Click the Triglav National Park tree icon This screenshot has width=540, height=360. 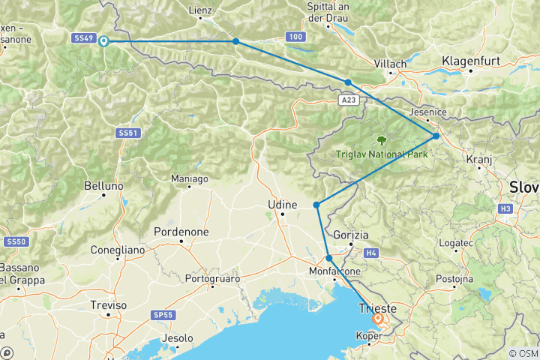(x=382, y=139)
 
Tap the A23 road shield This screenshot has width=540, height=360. (x=347, y=98)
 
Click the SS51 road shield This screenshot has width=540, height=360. (x=127, y=133)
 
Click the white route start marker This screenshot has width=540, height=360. (x=103, y=41)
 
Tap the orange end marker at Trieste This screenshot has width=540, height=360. (x=378, y=319)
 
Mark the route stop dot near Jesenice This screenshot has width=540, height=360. (x=436, y=136)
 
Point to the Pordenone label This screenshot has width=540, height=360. (x=181, y=232)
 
